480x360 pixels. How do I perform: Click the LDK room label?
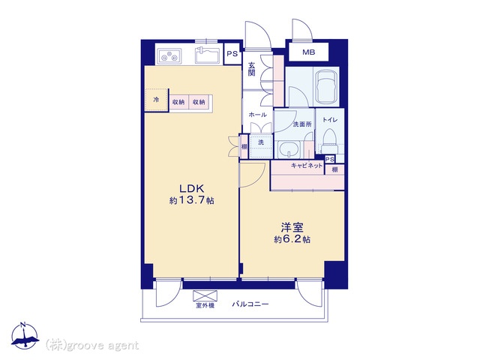click(x=191, y=188)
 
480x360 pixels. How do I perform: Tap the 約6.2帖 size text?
click(x=292, y=239)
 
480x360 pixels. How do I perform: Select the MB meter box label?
click(x=308, y=52)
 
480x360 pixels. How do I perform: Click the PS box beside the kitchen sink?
click(x=232, y=54)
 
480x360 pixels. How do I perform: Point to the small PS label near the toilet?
click(x=330, y=159)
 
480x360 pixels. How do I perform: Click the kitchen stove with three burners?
click(x=169, y=56)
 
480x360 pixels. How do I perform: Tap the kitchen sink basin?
click(x=207, y=55)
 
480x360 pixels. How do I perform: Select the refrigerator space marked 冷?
click(x=157, y=100)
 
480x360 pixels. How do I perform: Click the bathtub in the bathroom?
click(x=326, y=86)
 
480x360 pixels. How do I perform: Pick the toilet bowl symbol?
click(x=329, y=140)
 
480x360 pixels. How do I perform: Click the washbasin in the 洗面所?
click(x=289, y=150)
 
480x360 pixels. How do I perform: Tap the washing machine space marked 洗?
click(x=261, y=146)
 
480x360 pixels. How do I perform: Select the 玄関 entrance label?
click(x=251, y=69)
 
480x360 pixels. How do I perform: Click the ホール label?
click(x=257, y=115)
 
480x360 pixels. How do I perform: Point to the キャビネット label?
click(x=307, y=166)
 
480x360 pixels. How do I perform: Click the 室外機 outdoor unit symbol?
click(x=205, y=296)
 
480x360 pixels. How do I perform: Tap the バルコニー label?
click(x=250, y=304)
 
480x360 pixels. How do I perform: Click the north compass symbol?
click(x=25, y=336)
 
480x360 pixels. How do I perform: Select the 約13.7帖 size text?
click(x=192, y=200)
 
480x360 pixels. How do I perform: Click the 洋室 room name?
click(x=292, y=228)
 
